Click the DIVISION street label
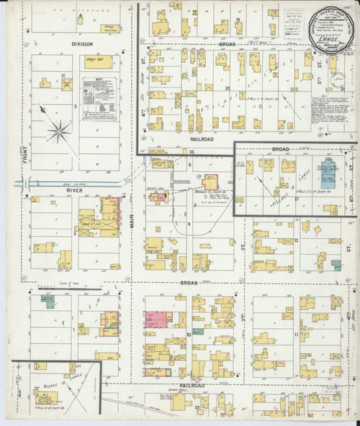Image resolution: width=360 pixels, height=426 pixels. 82,44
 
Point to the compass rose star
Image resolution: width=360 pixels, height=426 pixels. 58,130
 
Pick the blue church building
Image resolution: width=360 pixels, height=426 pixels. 328,167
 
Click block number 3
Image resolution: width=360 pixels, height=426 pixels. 76,106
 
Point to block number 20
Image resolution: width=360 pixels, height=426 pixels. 227,89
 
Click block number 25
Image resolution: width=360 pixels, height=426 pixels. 192,153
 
